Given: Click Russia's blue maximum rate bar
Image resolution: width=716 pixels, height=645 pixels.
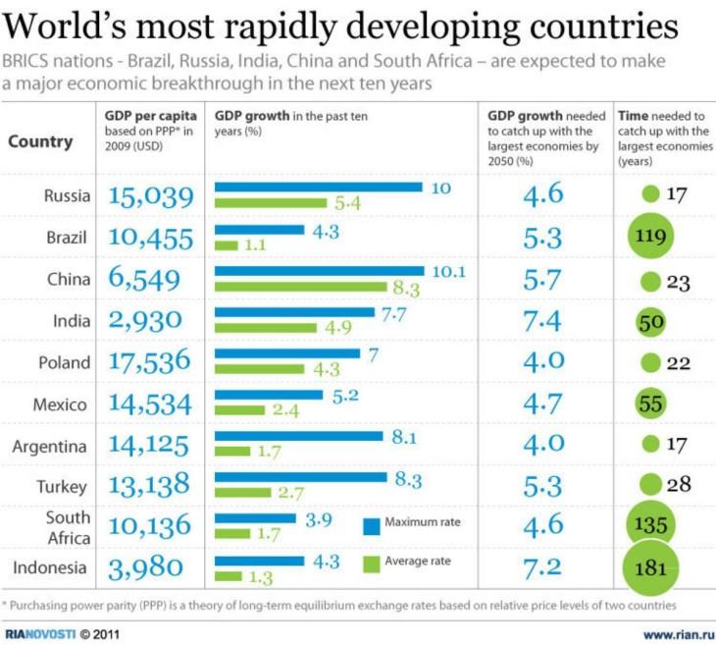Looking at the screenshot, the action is pos(318,187).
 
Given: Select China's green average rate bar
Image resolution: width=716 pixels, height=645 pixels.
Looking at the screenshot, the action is pos(301,287).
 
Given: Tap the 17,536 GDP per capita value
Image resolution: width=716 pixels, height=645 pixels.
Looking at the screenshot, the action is pos(149,360).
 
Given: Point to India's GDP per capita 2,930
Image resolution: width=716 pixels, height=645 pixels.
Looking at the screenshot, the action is pos(145,320).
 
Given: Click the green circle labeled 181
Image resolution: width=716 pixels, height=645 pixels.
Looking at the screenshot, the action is pos(650,567).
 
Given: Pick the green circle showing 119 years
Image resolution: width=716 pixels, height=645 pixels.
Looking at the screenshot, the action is pos(650,236).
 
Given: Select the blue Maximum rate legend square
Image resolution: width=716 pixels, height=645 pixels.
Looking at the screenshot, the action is pos(372,526).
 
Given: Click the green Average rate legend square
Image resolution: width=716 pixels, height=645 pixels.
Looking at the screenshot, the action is pos(372,564).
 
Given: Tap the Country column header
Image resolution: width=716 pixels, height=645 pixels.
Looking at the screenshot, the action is pos(40,141).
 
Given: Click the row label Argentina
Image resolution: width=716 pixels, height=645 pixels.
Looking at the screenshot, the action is pos(49,446).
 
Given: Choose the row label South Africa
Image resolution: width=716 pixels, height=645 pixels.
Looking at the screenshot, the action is pos(69,527).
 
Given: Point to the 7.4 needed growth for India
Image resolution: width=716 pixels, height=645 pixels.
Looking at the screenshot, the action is pos(542,321).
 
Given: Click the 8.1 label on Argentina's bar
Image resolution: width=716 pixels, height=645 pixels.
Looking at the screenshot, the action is pos(404,438).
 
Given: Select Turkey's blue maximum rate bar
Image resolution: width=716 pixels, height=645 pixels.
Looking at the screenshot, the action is pos(301,477).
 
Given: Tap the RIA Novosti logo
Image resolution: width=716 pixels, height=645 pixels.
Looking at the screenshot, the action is pos(40,634).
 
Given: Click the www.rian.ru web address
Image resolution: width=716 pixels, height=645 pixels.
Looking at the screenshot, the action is pos(679,634).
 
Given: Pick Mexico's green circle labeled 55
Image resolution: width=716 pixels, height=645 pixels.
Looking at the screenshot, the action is pos(650,403).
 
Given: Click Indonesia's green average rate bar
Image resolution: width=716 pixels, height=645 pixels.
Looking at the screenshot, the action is pos(229,576).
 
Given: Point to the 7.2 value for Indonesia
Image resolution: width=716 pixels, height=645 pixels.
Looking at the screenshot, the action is pos(542,568).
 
